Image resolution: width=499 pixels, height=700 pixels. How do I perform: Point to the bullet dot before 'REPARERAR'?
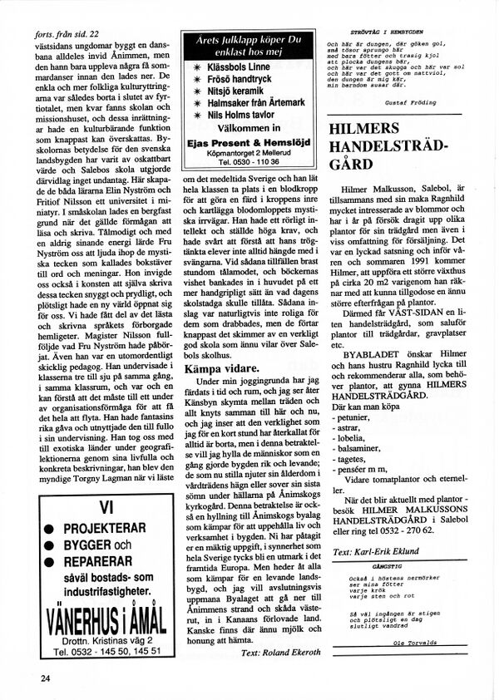(51, 561)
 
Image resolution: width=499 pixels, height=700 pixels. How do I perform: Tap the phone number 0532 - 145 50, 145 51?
(106, 652)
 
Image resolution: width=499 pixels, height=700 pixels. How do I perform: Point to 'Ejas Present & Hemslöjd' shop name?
(247, 142)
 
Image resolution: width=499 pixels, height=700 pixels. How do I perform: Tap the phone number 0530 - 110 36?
(247, 161)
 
